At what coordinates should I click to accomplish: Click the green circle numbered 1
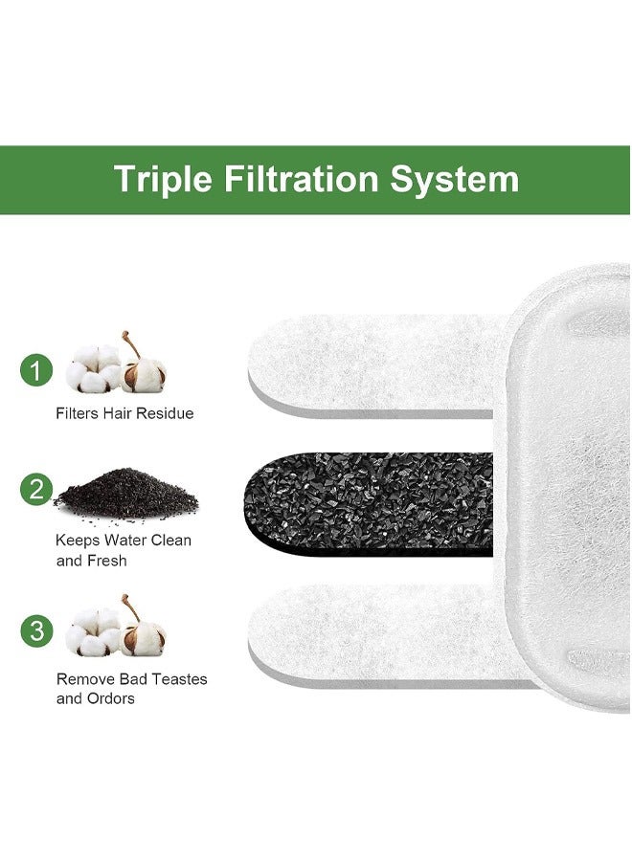[36, 369]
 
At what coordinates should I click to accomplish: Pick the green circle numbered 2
[36, 490]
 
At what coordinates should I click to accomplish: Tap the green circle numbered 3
[36, 630]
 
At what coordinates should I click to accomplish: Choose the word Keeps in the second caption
[78, 540]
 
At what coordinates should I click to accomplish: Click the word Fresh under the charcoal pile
[106, 561]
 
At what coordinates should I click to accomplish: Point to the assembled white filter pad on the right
[570, 488]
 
